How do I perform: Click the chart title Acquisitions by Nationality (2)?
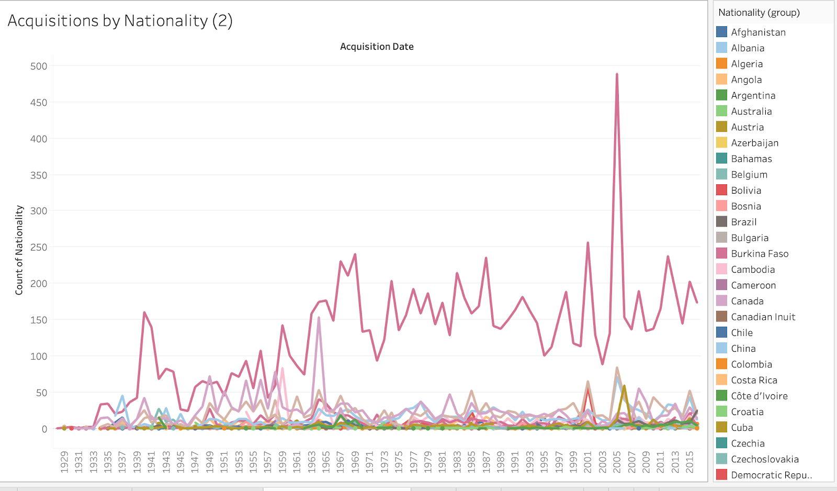[x=120, y=21]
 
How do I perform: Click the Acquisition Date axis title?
[x=377, y=47]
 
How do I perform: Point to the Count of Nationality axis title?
[x=19, y=250]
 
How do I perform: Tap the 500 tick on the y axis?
[x=39, y=66]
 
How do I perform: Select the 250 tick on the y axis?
[x=39, y=247]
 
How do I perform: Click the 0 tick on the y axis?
[x=44, y=429]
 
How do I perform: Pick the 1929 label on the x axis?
[x=64, y=462]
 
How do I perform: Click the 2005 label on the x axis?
[x=617, y=462]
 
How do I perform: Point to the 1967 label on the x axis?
[x=341, y=462]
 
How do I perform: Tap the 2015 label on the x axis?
[x=689, y=462]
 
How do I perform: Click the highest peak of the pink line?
[x=617, y=74]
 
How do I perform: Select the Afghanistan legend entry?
[x=758, y=32]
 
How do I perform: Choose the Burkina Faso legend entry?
[x=760, y=253]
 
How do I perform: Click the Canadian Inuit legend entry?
[x=763, y=317]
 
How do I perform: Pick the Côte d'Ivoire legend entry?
[x=759, y=396]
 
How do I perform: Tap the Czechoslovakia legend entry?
[x=765, y=459]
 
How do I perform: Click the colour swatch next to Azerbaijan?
[x=722, y=142]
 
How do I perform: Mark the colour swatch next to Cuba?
[x=722, y=427]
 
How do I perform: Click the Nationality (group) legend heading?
[x=759, y=13]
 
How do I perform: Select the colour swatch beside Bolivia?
[x=722, y=190]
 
